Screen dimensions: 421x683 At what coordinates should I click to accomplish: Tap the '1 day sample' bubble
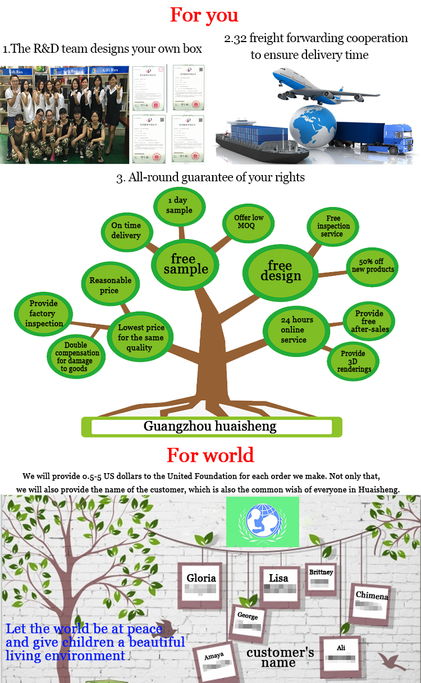click(x=180, y=205)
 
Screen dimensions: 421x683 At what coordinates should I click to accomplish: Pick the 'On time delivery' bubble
click(x=126, y=230)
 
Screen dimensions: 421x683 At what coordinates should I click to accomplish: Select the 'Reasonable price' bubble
click(x=110, y=285)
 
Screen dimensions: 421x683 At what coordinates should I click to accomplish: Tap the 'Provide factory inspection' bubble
click(x=44, y=313)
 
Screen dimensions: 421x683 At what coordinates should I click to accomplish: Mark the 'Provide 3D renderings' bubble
click(x=353, y=361)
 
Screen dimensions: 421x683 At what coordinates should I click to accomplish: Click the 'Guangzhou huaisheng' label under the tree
click(x=210, y=427)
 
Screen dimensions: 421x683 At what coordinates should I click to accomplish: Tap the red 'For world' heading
click(x=210, y=455)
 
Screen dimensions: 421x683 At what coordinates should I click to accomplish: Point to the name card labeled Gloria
click(x=200, y=584)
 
